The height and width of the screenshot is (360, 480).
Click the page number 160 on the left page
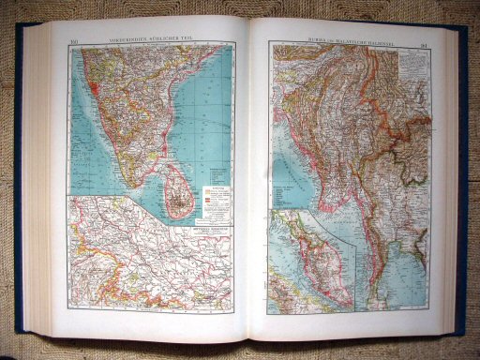pos(76,39)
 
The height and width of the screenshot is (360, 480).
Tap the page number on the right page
pos(426,39)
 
